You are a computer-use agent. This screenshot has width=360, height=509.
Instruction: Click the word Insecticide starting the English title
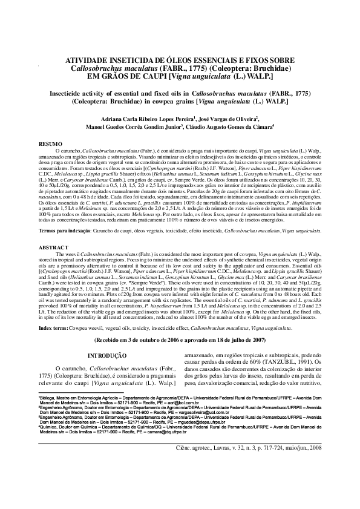(x=58, y=94)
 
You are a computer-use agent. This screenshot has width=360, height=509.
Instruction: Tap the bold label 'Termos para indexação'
(x=65, y=248)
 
